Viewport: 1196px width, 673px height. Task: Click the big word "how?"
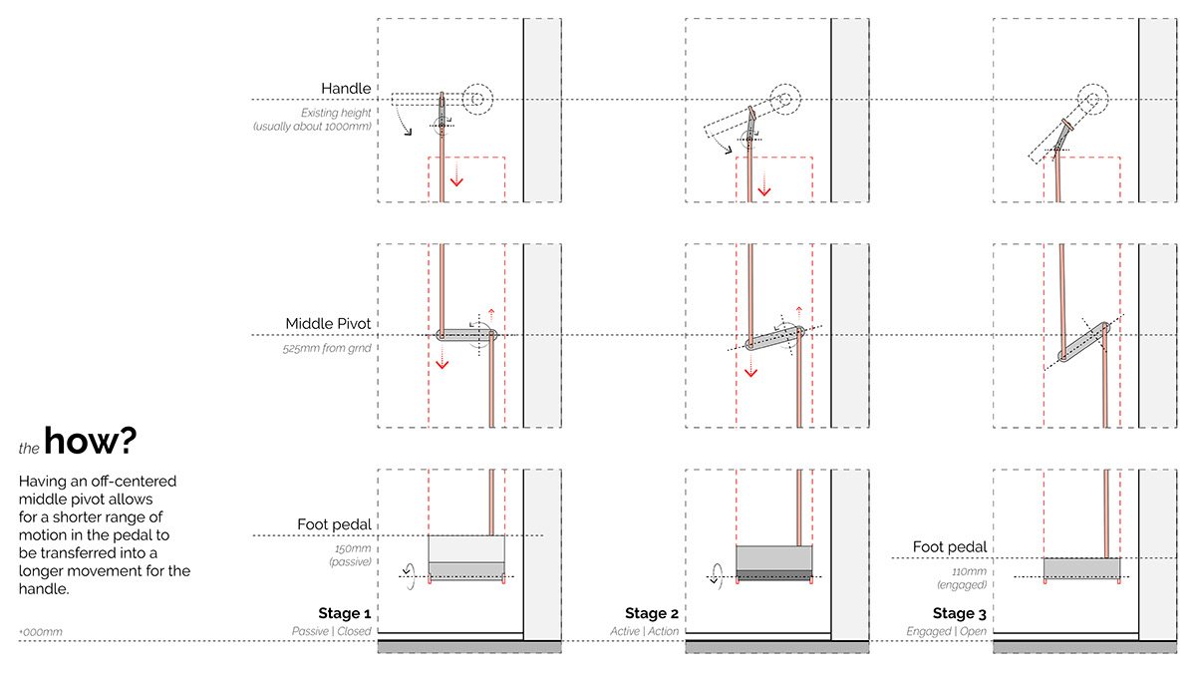click(91, 441)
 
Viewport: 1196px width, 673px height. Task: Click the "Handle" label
click(346, 88)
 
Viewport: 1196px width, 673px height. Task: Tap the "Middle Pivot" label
click(328, 323)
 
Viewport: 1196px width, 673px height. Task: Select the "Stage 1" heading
click(345, 612)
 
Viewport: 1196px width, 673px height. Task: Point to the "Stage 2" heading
click(652, 612)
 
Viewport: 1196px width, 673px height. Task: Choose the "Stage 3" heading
click(959, 613)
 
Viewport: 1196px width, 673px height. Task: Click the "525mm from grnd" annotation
click(327, 348)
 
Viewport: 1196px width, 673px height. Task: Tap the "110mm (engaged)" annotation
click(962, 578)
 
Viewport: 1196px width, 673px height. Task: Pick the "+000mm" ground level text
click(41, 632)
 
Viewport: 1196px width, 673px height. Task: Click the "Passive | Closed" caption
click(331, 631)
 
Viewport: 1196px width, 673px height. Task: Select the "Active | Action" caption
click(645, 631)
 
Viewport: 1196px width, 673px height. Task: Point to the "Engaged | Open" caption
click(946, 631)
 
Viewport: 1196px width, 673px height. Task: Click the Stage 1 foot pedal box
click(466, 557)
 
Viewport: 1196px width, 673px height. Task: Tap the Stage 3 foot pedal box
click(1082, 568)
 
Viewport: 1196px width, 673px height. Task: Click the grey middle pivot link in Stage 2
click(774, 338)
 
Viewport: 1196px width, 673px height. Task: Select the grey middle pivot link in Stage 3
click(1084, 342)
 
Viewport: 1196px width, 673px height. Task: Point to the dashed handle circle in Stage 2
click(785, 84)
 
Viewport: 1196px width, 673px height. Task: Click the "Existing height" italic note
click(336, 113)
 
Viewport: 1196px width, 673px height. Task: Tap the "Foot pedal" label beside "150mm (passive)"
click(334, 524)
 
